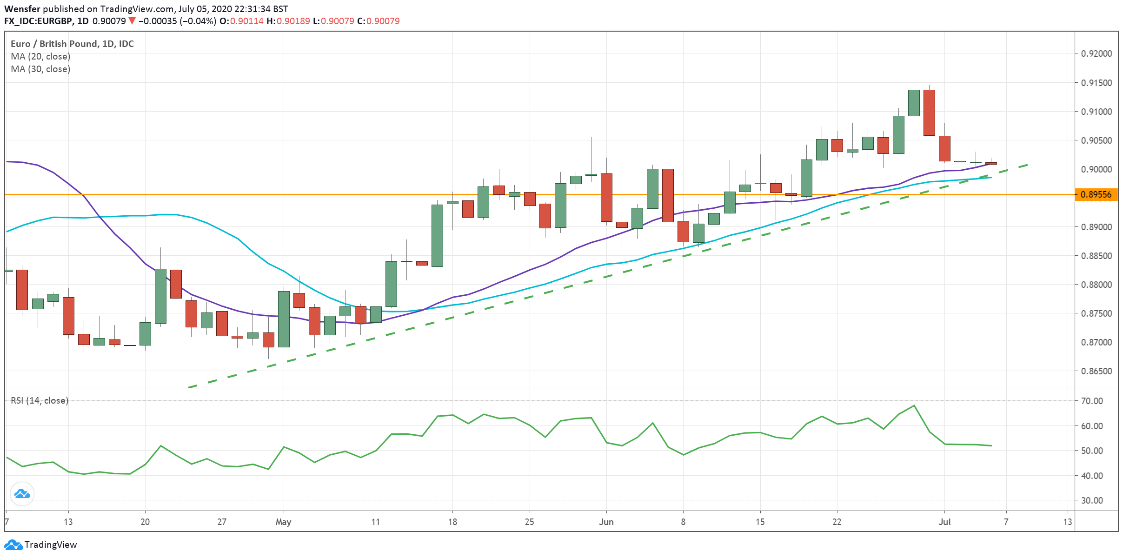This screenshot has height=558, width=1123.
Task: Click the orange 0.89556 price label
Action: pos(1096,195)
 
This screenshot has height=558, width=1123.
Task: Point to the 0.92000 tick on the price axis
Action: pos(1096,53)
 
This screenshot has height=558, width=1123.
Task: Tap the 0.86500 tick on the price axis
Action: pos(1096,371)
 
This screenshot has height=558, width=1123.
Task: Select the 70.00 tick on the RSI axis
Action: pos(1091,401)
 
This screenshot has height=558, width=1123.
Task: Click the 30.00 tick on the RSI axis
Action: pos(1091,500)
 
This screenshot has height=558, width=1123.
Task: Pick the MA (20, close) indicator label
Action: pos(40,56)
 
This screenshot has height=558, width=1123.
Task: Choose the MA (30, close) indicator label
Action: pos(40,69)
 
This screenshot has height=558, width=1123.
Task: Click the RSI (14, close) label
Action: pos(40,400)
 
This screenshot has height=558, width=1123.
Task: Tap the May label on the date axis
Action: pos(283,522)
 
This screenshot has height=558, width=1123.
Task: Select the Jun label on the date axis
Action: pos(606,522)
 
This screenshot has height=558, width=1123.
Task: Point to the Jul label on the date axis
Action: pos(944,522)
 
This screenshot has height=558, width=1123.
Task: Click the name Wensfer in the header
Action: pos(22,9)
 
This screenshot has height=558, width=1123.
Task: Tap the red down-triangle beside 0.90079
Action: pos(132,21)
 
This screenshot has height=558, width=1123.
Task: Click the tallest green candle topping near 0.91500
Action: pos(914,103)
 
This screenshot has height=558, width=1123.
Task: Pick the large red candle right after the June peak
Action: pos(929,113)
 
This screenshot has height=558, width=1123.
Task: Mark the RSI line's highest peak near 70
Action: pos(914,406)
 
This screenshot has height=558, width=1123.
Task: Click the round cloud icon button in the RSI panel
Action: pos(22,494)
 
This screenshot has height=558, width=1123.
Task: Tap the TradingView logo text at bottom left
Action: pos(50,545)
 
